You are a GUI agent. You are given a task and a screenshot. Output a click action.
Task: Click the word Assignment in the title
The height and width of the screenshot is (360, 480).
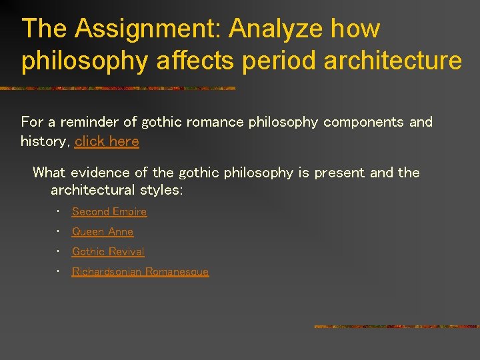click(147, 29)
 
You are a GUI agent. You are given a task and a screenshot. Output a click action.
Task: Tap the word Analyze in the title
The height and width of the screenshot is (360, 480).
click(275, 29)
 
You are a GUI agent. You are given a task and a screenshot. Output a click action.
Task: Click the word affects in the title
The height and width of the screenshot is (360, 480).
click(196, 60)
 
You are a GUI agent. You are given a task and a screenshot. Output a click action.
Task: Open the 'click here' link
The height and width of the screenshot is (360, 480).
click(107, 141)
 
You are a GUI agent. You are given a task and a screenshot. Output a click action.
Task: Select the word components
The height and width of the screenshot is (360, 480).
click(363, 122)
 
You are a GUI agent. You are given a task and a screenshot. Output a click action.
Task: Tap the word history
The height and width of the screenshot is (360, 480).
click(44, 141)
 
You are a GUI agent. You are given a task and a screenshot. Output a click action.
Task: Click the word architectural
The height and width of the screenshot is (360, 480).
click(93, 191)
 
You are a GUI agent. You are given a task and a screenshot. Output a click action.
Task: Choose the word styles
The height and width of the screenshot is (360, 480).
click(161, 191)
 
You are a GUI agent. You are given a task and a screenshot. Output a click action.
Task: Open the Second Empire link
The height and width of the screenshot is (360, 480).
click(109, 212)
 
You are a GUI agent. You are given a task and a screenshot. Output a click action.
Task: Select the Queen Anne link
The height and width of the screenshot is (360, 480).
click(103, 232)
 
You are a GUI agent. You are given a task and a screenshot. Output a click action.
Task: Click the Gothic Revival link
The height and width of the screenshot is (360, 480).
click(108, 252)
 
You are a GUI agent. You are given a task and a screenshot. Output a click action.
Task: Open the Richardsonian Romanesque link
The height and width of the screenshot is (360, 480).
click(140, 272)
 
